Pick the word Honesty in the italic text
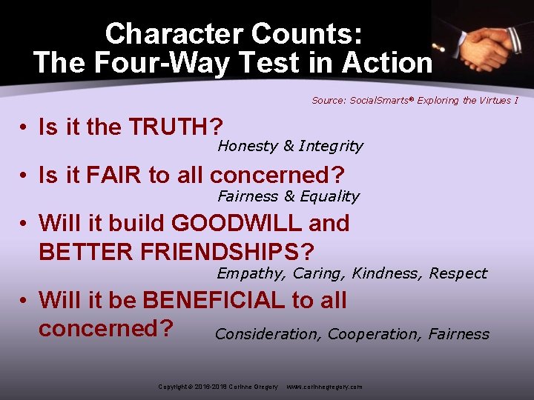[248, 146]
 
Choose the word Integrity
[331, 146]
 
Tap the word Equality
[329, 196]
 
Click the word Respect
[458, 273]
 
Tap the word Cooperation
[374, 334]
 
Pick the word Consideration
[267, 334]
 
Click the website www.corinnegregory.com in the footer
[324, 387]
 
